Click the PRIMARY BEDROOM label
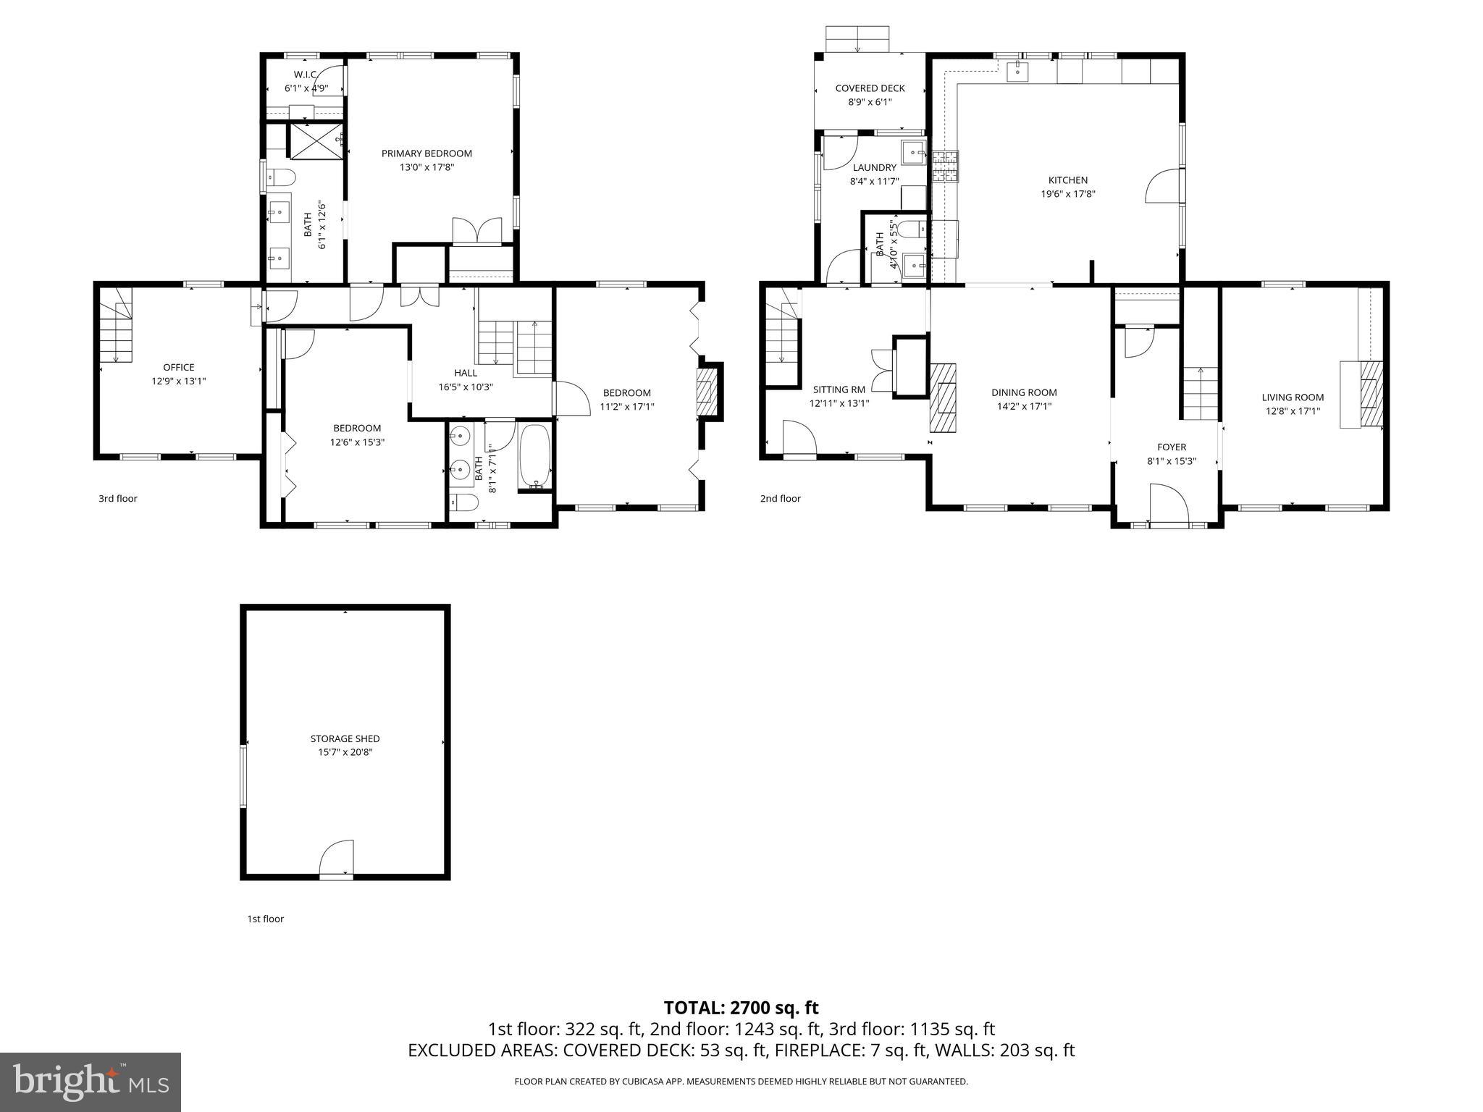427,153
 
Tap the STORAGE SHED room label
345,738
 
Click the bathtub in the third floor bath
535,457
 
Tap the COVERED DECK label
870,88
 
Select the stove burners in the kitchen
945,166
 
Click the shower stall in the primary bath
316,140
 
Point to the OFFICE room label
178,367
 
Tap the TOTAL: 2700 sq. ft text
741,1008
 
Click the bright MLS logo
91,1082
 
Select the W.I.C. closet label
306,75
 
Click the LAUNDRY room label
874,167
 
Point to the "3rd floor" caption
117,498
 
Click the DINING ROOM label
1024,392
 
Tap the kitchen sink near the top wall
1018,70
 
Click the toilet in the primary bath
281,177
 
